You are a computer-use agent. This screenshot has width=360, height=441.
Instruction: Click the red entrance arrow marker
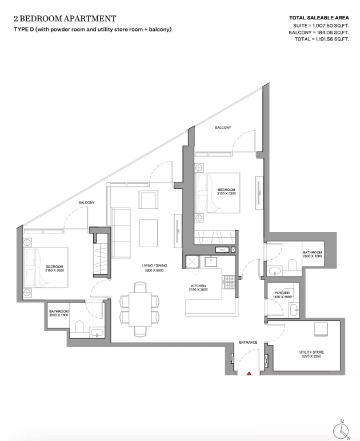click(x=249, y=374)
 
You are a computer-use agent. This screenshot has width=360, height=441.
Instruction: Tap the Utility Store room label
click(x=311, y=354)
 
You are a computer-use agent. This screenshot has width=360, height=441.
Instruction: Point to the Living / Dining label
click(x=154, y=268)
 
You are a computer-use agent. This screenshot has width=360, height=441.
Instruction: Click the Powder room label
click(x=282, y=295)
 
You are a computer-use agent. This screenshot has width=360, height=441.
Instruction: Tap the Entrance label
click(x=248, y=342)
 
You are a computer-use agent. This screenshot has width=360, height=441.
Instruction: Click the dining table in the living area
click(x=140, y=309)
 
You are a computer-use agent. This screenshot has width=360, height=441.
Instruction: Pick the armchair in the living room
click(x=149, y=199)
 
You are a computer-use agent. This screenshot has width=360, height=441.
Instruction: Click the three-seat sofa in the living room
click(x=121, y=233)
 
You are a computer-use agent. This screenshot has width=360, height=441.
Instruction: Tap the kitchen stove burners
click(x=229, y=282)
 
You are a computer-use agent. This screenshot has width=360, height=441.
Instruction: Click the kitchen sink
click(x=211, y=261)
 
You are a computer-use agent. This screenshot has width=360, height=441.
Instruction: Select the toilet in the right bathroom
click(x=292, y=265)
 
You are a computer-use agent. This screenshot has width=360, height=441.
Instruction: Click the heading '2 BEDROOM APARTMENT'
click(x=65, y=18)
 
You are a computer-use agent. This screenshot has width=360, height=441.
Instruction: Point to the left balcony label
click(x=86, y=202)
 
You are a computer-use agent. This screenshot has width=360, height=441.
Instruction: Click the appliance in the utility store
click(x=321, y=329)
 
